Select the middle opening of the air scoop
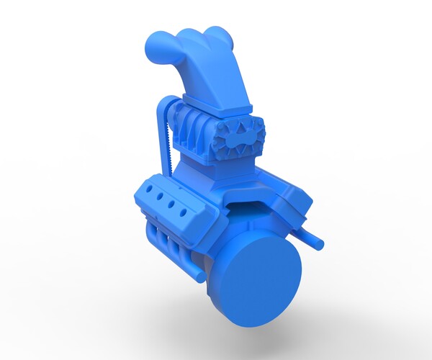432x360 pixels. [x=189, y=35]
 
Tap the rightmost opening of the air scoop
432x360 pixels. [x=216, y=33]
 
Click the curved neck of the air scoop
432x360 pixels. [x=216, y=72]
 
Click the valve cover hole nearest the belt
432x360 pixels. [x=148, y=186]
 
